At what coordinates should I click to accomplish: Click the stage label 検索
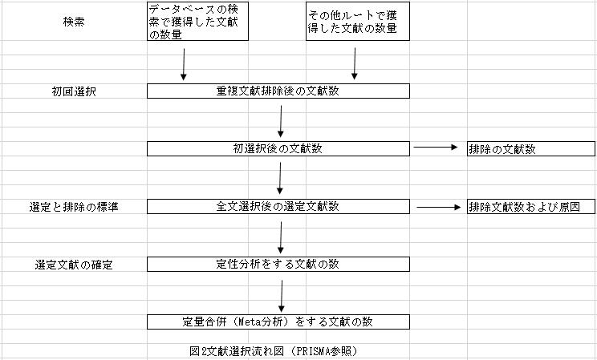[74, 22]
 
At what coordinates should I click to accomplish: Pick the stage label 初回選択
[74, 91]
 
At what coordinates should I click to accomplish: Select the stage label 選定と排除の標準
[74, 207]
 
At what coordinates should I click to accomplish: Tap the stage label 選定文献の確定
[74, 265]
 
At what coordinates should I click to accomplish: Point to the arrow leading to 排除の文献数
[436, 147]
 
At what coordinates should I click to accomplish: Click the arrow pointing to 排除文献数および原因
[439, 207]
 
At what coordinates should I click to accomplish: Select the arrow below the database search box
[184, 64]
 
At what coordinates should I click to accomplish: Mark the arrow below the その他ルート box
[355, 64]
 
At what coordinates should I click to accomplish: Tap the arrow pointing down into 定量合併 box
[282, 297]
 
